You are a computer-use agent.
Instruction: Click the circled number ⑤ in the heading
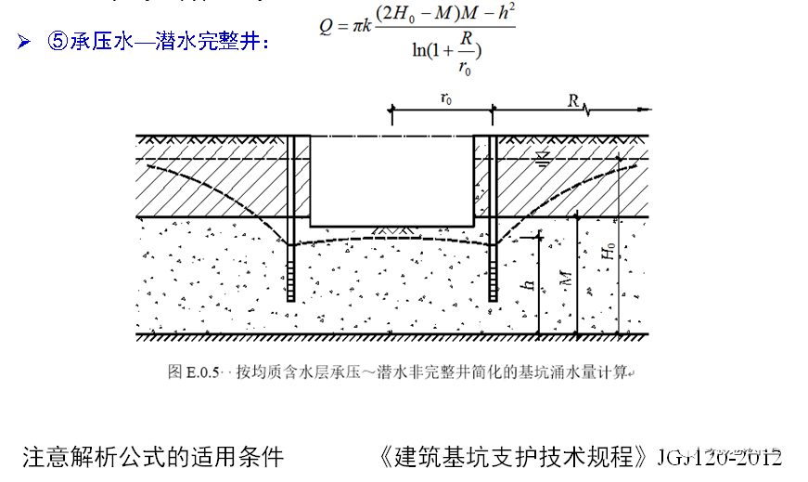pos(58,43)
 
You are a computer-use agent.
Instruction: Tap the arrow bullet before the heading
pos(24,43)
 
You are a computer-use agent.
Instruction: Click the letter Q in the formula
pos(326,27)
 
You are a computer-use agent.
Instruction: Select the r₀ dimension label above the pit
pos(446,98)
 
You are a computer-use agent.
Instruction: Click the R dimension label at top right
pos(574,98)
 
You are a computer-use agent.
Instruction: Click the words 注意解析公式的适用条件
pos(153,457)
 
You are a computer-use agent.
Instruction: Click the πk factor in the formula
pos(366,27)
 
